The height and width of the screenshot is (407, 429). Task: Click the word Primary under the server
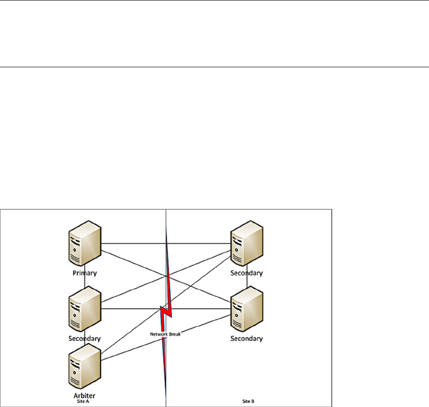tap(84, 273)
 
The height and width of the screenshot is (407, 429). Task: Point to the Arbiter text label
tap(84, 396)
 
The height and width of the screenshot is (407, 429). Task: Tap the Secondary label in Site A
tap(84, 338)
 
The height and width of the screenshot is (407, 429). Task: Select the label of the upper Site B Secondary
tap(246, 273)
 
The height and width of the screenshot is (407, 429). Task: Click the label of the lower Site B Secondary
tap(246, 338)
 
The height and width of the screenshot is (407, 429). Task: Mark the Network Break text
tap(165, 334)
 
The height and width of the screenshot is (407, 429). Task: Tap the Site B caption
tap(246, 402)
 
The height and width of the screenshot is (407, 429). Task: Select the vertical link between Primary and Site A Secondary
tap(85, 282)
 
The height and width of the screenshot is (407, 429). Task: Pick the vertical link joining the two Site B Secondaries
tap(247, 282)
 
